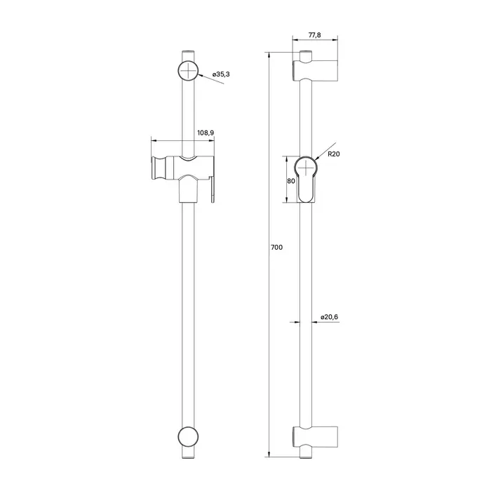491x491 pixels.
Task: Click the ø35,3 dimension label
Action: tap(221, 74)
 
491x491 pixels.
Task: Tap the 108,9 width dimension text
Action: tap(206, 133)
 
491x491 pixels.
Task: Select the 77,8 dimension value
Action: tap(315, 35)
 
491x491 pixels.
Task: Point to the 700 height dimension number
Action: tap(276, 248)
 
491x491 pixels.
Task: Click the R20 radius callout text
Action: tap(334, 154)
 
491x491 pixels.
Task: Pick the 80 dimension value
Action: tap(291, 181)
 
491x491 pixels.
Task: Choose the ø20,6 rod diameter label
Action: tap(330, 317)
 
